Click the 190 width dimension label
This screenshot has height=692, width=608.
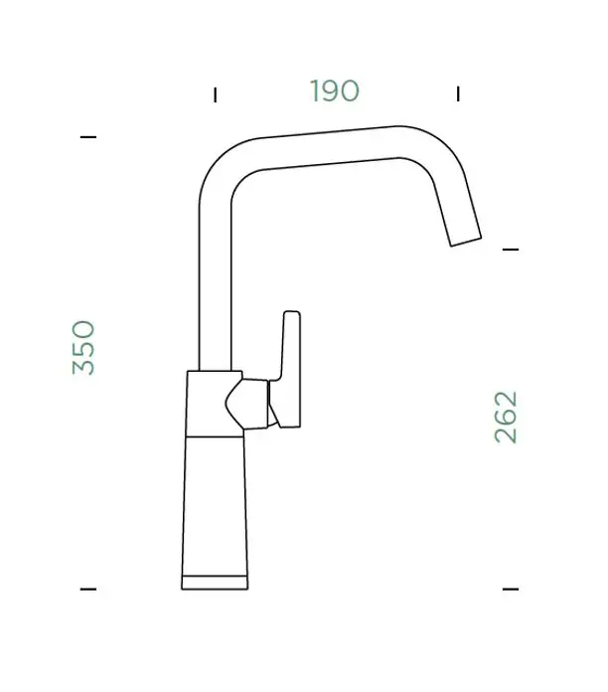(x=335, y=90)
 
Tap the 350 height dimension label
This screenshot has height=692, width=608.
(x=83, y=348)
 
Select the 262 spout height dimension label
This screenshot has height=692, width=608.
(x=506, y=417)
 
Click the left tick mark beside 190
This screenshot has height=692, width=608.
(x=216, y=94)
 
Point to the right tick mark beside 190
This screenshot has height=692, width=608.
(x=458, y=94)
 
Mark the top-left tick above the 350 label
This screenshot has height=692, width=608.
(x=88, y=137)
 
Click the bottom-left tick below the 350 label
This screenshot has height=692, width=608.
(x=88, y=589)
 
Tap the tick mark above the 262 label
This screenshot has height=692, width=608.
(x=511, y=250)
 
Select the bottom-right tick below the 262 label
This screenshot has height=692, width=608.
(x=511, y=589)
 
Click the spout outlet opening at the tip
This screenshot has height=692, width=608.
(x=466, y=242)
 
